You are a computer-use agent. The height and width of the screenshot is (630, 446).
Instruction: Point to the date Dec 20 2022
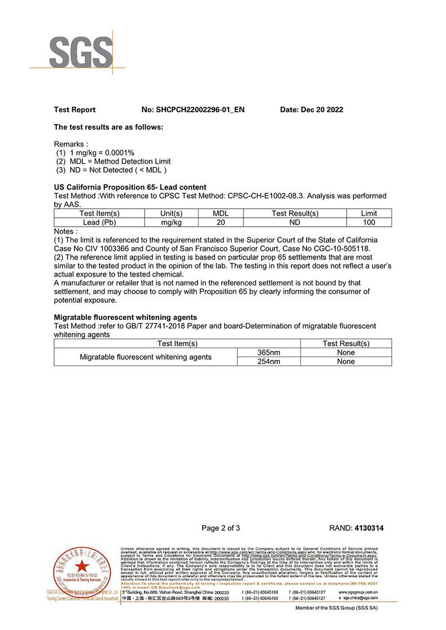coord(312,110)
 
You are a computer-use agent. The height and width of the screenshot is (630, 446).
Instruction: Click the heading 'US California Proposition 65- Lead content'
coord(130,187)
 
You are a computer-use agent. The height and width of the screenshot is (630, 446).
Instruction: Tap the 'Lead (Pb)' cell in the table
coord(99,223)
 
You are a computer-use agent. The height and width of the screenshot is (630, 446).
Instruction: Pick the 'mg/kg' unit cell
coord(171,223)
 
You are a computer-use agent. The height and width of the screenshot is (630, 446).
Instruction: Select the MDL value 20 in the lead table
coord(221,223)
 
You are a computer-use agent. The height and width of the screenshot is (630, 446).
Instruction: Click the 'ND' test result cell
coord(295,223)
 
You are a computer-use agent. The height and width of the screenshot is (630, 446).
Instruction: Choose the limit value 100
coord(369,223)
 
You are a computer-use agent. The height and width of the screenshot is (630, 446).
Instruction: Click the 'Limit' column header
coord(369,214)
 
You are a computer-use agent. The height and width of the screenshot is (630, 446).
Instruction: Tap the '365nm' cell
coord(268,353)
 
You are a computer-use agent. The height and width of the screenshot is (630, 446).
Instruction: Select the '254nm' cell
coord(268,362)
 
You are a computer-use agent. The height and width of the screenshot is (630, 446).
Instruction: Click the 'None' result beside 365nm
coord(346,353)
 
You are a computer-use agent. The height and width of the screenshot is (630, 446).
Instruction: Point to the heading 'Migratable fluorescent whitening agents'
coord(125,318)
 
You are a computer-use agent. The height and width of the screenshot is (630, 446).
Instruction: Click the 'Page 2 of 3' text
coord(221,528)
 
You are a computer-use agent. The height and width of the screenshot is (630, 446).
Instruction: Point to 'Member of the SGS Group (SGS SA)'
coord(336,609)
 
